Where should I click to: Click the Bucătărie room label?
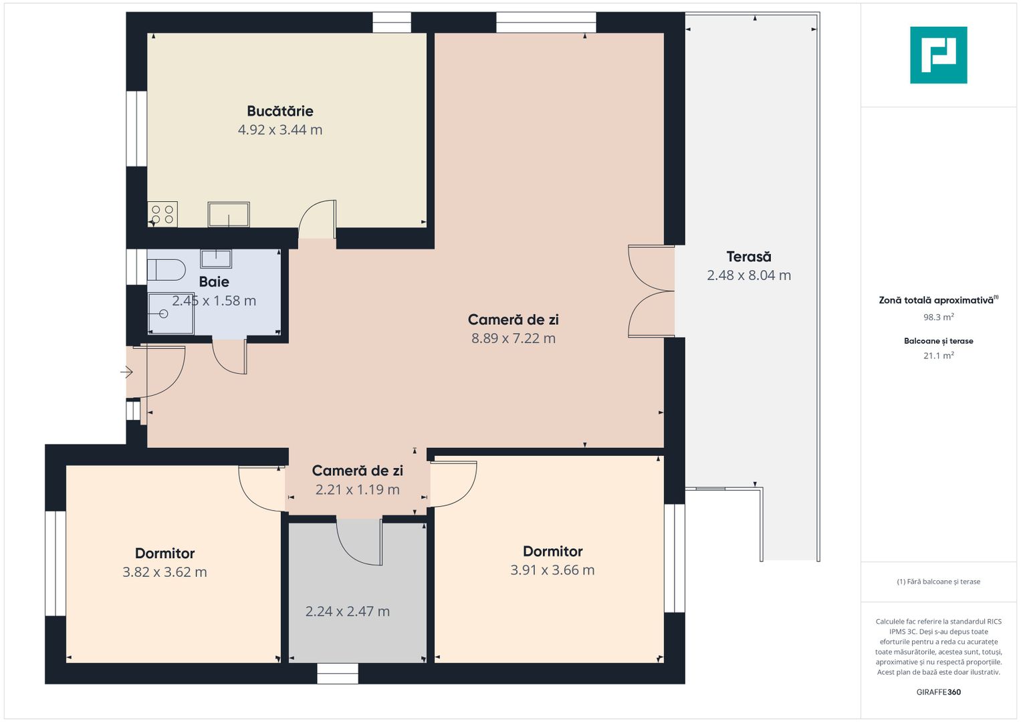coord(280,111)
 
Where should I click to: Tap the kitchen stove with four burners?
coord(162,214)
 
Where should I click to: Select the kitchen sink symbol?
coord(229,214)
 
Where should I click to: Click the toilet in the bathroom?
coord(166,270)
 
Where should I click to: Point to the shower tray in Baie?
coord(171,314)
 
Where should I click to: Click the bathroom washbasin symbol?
coord(216,259)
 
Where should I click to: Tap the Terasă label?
coord(749,257)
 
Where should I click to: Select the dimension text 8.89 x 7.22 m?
coord(514,338)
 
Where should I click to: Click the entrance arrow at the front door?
coord(126,372)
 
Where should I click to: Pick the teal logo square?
coord(939,55)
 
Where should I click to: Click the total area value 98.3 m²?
coord(939,317)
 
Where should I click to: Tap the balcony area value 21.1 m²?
coord(939,356)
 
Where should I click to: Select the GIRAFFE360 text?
coord(939,692)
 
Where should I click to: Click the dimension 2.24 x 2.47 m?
coord(347,611)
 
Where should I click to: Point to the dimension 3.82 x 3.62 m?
coord(164,572)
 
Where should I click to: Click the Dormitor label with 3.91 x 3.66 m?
coord(552,551)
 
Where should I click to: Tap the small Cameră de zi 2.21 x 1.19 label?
coord(357,479)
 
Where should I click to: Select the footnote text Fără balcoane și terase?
coord(939,582)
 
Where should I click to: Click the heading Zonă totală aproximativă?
coord(936,300)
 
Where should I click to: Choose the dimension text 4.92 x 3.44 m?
coord(280,130)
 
